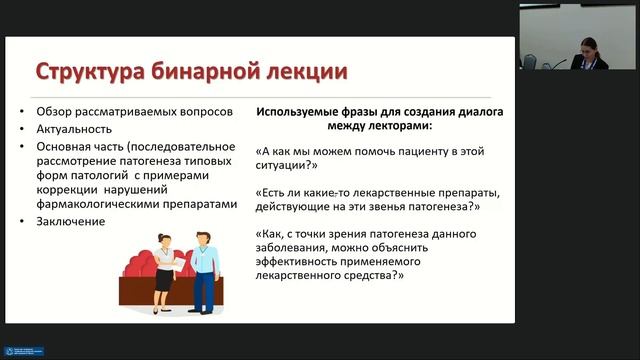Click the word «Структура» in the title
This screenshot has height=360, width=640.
pos(88,72)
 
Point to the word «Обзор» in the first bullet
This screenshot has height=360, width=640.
pos(53,109)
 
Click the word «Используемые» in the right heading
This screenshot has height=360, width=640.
pos(302,110)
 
